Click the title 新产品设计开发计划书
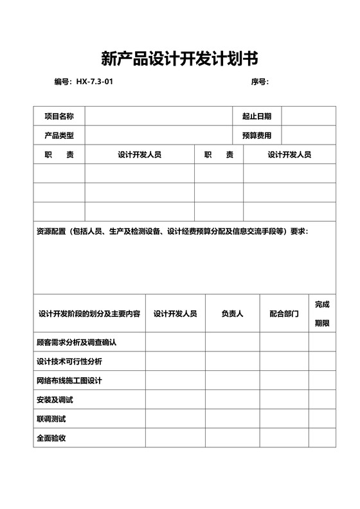click(x=179, y=59)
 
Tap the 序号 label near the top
click(x=259, y=82)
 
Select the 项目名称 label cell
click(x=59, y=116)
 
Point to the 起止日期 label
click(x=256, y=116)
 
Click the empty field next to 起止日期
click(x=309, y=116)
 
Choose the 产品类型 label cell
click(x=59, y=136)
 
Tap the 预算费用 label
click(x=256, y=136)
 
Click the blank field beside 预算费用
click(x=309, y=136)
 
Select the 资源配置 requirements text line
click(x=172, y=231)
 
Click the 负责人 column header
click(x=232, y=314)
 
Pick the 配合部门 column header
click(x=283, y=314)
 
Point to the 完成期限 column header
click(x=322, y=314)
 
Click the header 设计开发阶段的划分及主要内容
click(x=89, y=314)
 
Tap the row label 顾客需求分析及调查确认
click(x=76, y=342)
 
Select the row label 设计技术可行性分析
click(x=69, y=361)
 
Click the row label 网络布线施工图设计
click(x=69, y=380)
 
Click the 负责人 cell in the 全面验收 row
click(x=232, y=438)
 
